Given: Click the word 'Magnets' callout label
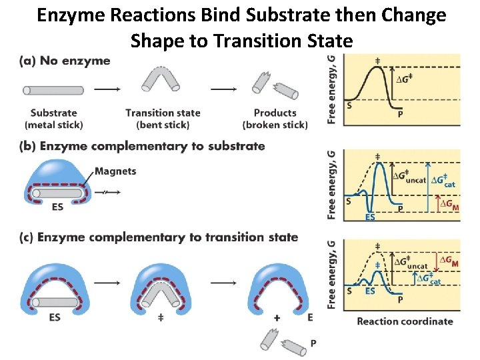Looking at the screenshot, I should (x=116, y=171).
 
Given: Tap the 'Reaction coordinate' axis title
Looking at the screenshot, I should (x=405, y=321).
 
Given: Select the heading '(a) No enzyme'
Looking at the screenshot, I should (x=65, y=61).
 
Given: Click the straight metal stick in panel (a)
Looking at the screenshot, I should (x=53, y=90).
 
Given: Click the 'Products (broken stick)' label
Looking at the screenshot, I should (x=275, y=119).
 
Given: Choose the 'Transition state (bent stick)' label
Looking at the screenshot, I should (x=163, y=119).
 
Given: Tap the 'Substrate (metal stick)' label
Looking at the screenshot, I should (x=54, y=119).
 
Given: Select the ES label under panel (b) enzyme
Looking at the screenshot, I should (x=57, y=207).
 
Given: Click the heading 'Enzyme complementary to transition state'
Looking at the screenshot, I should (x=167, y=237).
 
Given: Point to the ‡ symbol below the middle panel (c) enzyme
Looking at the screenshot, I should (x=161, y=318).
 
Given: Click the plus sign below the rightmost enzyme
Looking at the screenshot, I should (x=275, y=319).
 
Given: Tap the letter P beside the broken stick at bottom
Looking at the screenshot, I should (x=313, y=343).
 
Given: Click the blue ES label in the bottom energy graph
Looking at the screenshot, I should (x=370, y=291).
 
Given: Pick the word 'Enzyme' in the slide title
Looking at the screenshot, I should (x=72, y=15).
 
